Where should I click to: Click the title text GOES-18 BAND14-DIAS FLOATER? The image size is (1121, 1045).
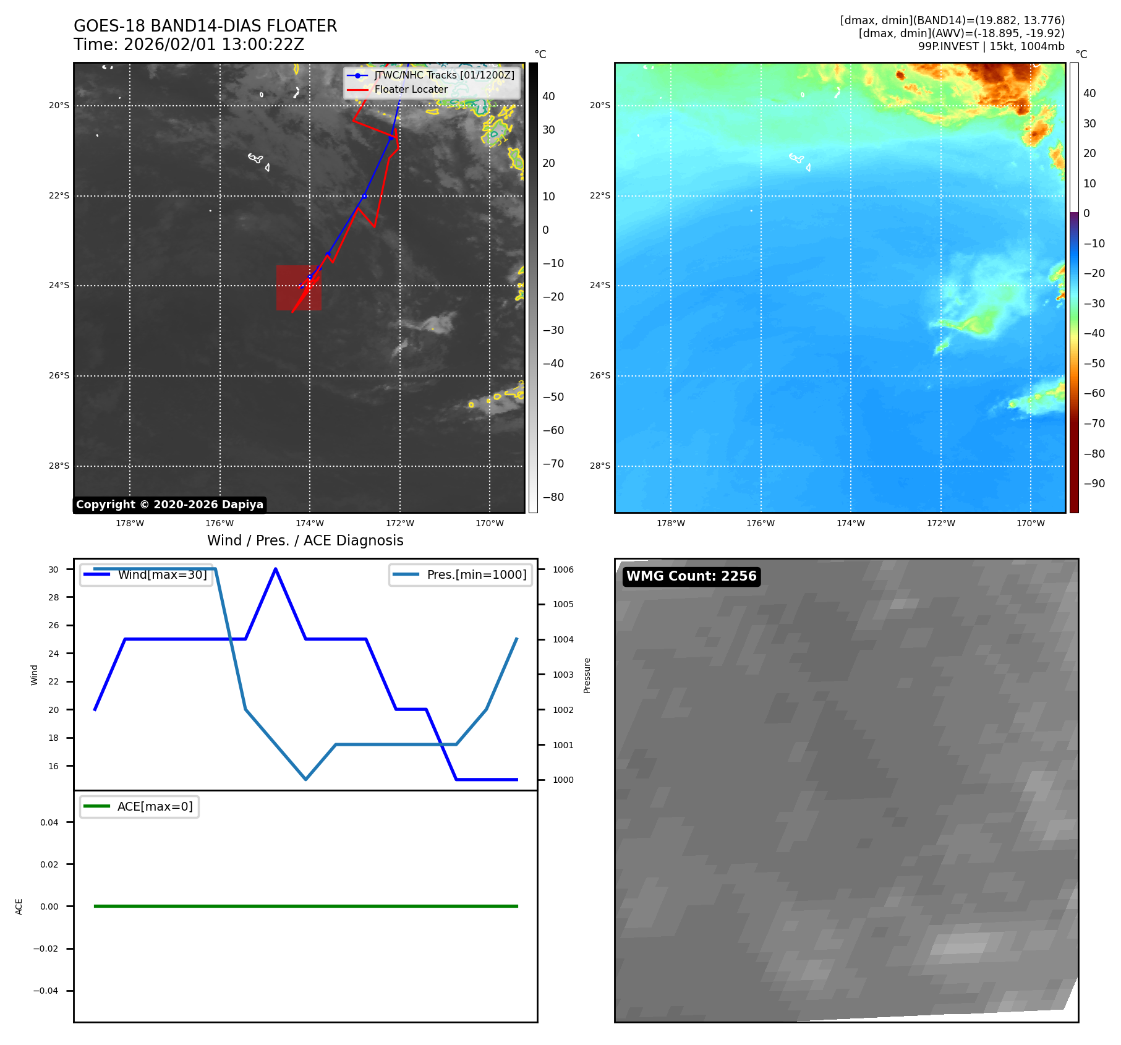click(x=205, y=26)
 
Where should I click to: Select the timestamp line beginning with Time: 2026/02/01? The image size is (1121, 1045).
click(x=189, y=45)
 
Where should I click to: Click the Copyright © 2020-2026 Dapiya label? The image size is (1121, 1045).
click(x=169, y=505)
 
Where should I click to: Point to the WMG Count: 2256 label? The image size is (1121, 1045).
click(x=691, y=576)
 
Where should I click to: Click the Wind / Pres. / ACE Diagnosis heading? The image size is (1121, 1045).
click(x=305, y=540)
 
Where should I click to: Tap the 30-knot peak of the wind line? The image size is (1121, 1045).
click(x=275, y=569)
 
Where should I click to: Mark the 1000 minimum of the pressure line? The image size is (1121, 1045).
click(x=305, y=779)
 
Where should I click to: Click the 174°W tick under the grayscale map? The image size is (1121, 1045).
click(x=310, y=523)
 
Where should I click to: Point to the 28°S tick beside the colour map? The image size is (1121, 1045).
click(x=600, y=466)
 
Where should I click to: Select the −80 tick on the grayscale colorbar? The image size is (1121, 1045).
click(x=553, y=497)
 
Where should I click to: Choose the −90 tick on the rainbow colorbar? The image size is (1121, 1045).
click(x=1094, y=484)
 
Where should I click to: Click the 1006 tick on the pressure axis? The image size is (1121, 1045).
click(x=563, y=569)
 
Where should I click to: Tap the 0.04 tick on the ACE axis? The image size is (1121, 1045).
click(x=49, y=822)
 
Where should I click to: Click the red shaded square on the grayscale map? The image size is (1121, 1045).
click(x=299, y=288)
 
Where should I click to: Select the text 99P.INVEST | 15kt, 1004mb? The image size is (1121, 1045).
click(x=991, y=46)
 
